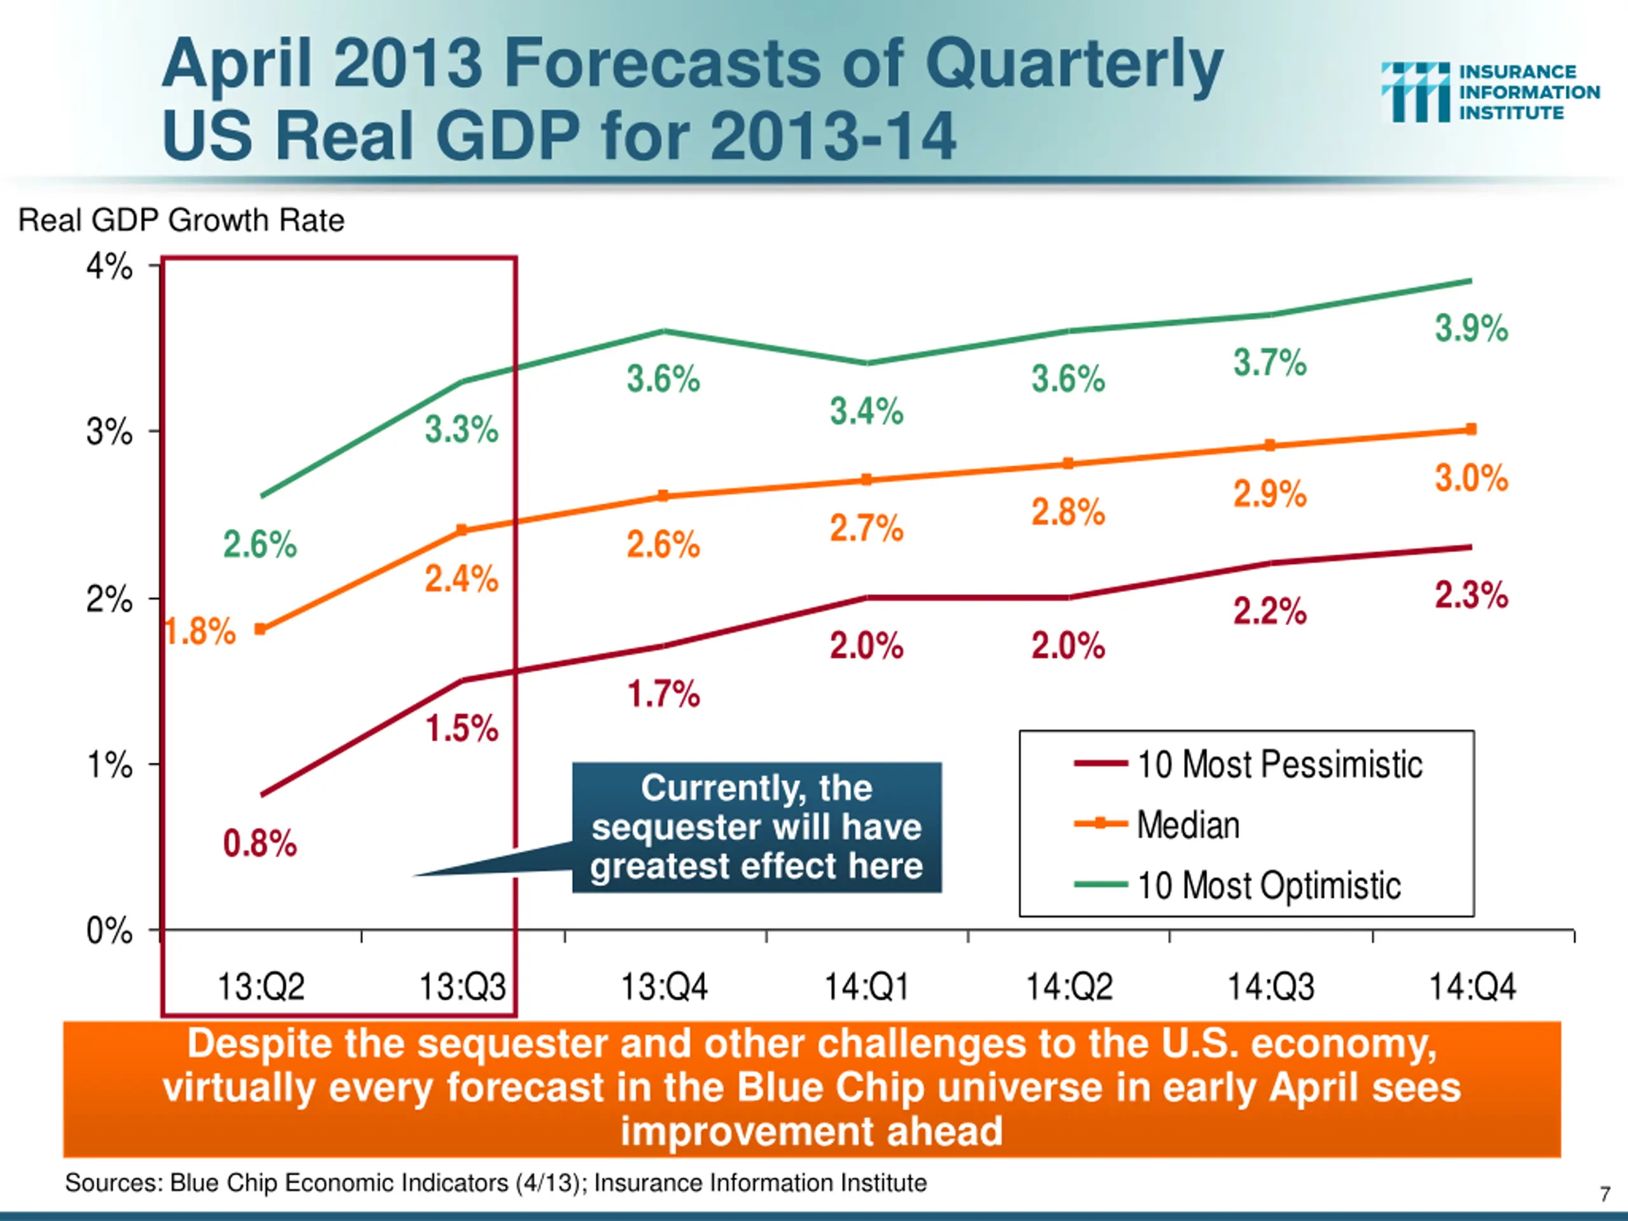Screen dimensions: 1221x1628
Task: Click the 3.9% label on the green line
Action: click(1470, 328)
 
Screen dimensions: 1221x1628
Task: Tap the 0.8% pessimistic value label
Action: click(260, 843)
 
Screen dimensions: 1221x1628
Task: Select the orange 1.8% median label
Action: click(200, 631)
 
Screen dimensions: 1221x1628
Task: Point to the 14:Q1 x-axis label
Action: click(866, 987)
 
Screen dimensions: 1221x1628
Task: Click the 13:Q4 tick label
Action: click(664, 987)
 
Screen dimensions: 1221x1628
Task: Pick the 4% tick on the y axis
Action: click(109, 266)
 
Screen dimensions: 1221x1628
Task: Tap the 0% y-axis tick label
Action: click(109, 931)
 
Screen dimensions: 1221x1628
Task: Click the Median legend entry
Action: click(1188, 824)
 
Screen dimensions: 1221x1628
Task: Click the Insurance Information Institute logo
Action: click(1489, 92)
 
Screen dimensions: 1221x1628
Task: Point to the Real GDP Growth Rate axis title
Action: click(181, 220)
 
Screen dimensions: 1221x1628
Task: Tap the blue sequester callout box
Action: click(757, 827)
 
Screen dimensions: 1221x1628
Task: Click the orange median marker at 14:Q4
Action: click(1471, 429)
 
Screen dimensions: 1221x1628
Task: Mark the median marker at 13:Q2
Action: click(260, 630)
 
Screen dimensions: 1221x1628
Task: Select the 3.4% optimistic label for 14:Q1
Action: click(866, 411)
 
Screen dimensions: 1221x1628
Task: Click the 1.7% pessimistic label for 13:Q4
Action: click(663, 694)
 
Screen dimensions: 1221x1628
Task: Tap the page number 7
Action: click(1604, 1194)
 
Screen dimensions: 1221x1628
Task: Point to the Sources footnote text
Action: click(495, 1183)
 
